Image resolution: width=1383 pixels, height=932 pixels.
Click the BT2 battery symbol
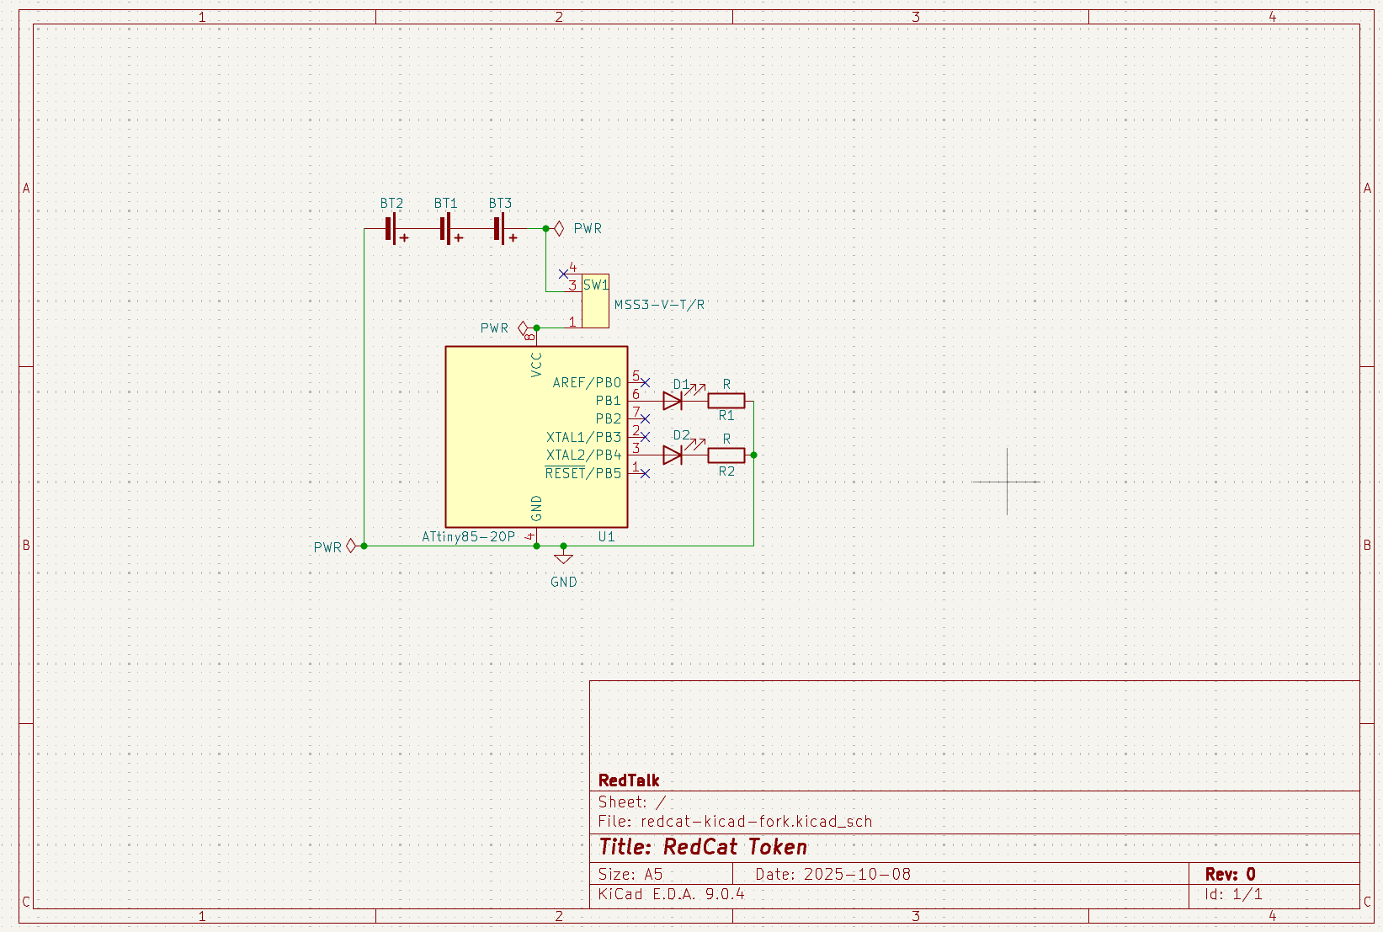coord(392,229)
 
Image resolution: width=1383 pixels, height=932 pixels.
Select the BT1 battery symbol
coord(447,229)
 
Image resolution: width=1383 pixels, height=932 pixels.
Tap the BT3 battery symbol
coord(501,229)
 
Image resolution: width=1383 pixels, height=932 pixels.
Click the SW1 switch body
coord(595,303)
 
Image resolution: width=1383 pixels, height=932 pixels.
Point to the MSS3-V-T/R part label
coord(659,305)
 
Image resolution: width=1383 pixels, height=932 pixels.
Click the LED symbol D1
coord(673,401)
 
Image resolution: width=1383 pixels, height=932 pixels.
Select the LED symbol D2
coord(673,455)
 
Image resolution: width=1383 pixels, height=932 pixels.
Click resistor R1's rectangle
coord(726,401)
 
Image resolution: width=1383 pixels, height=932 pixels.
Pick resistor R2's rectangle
coord(726,455)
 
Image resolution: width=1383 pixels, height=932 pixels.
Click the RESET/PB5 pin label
coord(582,473)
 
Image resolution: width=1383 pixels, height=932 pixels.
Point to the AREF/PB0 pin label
coord(587,382)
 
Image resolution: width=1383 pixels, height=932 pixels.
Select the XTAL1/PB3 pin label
coord(583,437)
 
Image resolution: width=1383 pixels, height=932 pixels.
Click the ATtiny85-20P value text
coord(468,536)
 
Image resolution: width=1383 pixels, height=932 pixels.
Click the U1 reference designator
coord(606,536)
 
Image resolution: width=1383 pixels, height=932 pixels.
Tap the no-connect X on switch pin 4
coord(563,274)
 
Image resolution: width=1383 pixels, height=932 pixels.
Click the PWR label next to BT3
coord(587,229)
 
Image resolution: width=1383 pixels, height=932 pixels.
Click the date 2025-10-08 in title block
coord(856,874)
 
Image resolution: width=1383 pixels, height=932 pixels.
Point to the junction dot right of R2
coord(753,455)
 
